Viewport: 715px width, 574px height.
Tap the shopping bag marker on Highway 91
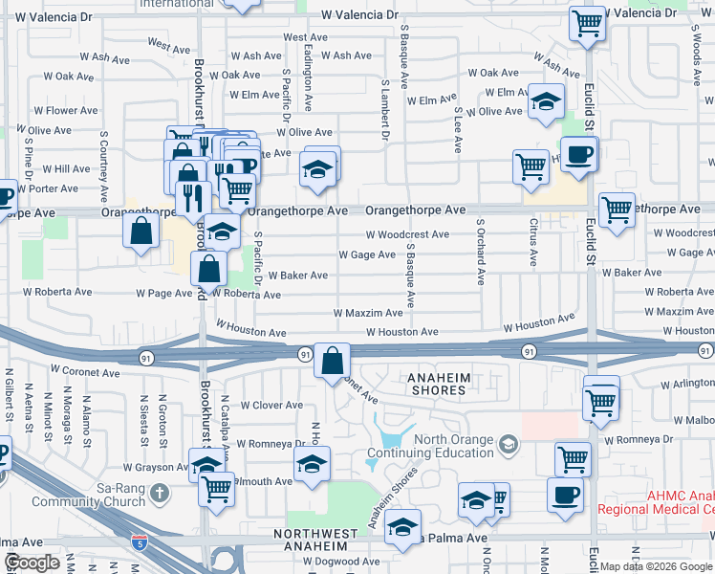tap(331, 363)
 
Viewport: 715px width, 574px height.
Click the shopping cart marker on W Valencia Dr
tap(587, 24)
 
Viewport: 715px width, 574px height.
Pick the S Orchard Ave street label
tap(480, 254)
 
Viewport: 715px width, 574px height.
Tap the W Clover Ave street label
tap(271, 406)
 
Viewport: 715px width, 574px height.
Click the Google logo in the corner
tap(32, 563)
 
